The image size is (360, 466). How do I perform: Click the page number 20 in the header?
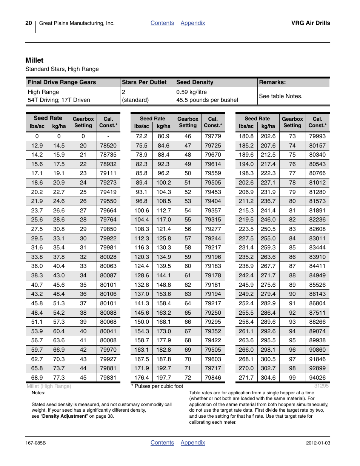click(x=29, y=23)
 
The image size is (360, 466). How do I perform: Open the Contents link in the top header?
click(x=162, y=23)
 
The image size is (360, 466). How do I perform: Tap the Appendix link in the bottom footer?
click(x=193, y=443)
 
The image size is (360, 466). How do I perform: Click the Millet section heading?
click(x=34, y=60)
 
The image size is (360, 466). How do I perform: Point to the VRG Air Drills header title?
click(x=311, y=23)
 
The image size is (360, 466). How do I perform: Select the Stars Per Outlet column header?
click(x=144, y=82)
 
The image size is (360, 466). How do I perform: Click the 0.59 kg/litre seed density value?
click(x=191, y=92)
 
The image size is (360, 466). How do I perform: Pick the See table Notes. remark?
click(x=281, y=96)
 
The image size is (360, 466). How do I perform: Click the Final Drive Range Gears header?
click(x=62, y=82)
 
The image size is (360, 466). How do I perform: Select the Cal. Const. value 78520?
click(x=108, y=146)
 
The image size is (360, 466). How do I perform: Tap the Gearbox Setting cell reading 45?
click(x=83, y=378)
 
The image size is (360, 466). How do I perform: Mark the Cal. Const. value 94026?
click(x=317, y=378)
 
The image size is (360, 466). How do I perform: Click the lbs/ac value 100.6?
click(x=142, y=211)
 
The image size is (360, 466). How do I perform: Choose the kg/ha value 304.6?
click(x=268, y=378)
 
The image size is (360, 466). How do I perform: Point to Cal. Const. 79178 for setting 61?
click(x=213, y=275)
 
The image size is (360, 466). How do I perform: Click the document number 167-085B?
click(x=35, y=443)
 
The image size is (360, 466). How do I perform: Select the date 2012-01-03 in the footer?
click(x=318, y=443)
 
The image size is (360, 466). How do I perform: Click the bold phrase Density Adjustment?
click(x=65, y=416)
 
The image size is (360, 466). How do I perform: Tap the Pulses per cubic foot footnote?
click(x=158, y=386)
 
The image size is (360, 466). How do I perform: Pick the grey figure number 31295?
click(x=321, y=386)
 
